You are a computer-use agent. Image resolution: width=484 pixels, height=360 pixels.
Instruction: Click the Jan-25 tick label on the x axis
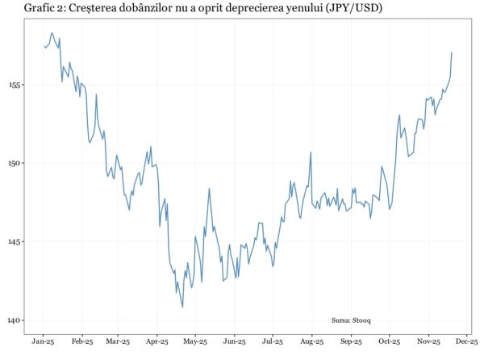coord(44,342)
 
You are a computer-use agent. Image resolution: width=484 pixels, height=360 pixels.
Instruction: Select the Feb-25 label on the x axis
coord(82,342)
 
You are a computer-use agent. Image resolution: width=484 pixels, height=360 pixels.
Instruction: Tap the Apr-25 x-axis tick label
coord(156,342)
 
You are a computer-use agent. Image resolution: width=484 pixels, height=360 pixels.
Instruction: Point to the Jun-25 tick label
coord(234,342)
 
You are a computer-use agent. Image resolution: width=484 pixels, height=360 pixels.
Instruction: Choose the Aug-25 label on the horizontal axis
coord(312,342)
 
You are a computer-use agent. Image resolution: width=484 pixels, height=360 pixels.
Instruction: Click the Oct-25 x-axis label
coord(390,342)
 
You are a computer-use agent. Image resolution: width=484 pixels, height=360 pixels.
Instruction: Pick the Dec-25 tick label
coord(467,342)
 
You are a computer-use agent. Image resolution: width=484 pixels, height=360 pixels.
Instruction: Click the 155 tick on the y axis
coord(15,85)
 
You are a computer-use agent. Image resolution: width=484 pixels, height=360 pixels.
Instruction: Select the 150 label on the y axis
coord(15,163)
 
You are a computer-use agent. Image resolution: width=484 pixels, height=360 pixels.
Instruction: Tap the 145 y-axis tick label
coord(15,241)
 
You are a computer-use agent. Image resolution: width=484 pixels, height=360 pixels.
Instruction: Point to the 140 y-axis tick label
coord(15,320)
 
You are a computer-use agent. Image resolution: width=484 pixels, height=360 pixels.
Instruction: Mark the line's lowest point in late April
coord(182,307)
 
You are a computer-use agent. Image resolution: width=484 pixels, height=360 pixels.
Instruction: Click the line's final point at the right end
coord(452,52)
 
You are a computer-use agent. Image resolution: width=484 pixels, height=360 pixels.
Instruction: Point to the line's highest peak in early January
coord(52,33)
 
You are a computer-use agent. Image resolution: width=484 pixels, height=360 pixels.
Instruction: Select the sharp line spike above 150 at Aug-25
coord(311,152)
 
